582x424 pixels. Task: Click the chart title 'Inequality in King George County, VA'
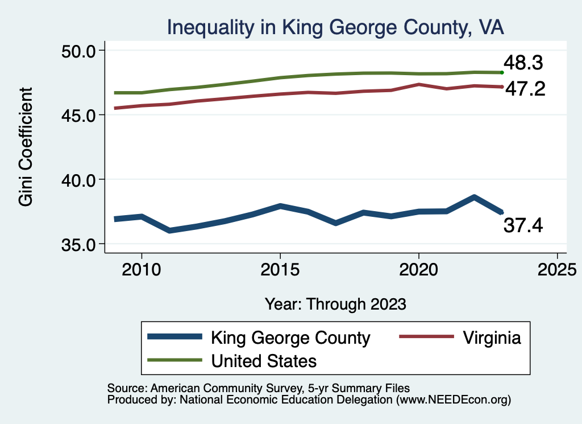coord(335,27)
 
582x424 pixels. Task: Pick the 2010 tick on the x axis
coord(142,268)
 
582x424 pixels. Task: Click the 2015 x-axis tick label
coord(280,268)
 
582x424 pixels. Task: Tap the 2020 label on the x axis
coord(418,268)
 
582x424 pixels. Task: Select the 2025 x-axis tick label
coord(557,268)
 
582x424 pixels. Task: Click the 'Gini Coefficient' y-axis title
coord(26,147)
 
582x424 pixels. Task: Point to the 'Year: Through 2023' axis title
coord(335,303)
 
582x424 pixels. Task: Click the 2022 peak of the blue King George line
coord(474,197)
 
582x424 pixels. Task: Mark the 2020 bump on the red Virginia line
coord(418,84)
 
